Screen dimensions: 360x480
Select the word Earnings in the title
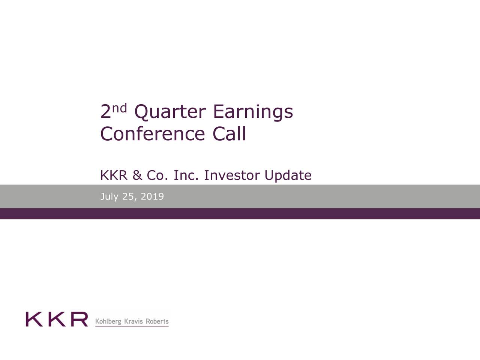coord(252,112)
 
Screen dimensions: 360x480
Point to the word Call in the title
coord(229,134)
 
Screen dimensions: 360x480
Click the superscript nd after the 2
coord(120,108)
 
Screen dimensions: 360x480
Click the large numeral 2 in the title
coord(105,112)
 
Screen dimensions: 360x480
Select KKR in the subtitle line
coord(114,175)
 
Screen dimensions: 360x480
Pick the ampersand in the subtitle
coord(137,175)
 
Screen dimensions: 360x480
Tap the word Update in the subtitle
coord(288,175)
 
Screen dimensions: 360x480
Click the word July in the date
coord(109,196)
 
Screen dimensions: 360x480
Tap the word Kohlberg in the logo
coord(108,322)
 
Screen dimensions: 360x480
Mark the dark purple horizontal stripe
coord(240,214)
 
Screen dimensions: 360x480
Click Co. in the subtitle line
coord(157,175)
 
